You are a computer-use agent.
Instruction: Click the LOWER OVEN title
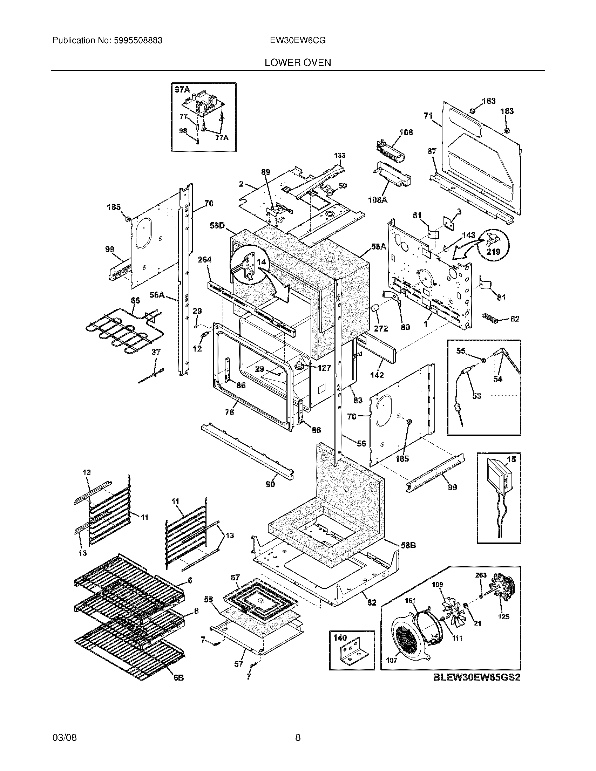[x=298, y=63]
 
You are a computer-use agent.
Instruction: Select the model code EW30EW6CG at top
[x=298, y=41]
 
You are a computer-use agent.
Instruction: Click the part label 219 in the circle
[x=493, y=251]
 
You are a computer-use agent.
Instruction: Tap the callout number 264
[x=204, y=260]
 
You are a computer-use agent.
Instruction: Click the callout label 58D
[x=217, y=225]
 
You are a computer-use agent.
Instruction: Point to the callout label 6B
[x=178, y=678]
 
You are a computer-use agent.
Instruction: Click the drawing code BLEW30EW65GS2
[x=477, y=677]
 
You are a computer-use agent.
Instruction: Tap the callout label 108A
[x=377, y=200]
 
